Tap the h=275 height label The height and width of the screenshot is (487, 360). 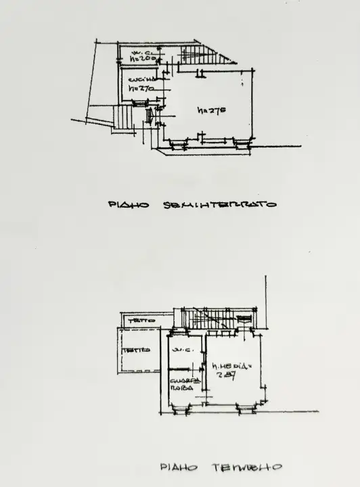[x=210, y=110]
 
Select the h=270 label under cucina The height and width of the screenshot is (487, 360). [x=142, y=89]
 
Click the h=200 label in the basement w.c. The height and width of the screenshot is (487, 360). [x=143, y=59]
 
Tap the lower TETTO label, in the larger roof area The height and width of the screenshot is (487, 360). [x=132, y=350]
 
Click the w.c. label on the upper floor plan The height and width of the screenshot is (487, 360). [x=180, y=350]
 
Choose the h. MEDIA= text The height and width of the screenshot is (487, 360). [x=231, y=367]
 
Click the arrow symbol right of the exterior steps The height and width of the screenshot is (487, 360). [x=150, y=116]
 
